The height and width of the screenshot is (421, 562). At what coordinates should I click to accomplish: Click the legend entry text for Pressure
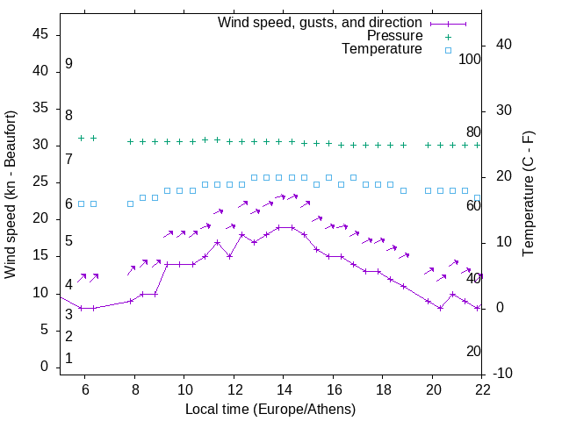pyautogui.click(x=394, y=36)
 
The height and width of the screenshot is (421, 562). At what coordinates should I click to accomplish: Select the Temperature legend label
pyautogui.click(x=382, y=49)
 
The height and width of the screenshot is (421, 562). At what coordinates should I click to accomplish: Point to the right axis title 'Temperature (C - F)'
pyautogui.click(x=529, y=195)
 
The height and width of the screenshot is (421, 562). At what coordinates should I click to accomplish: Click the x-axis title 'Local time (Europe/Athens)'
pyautogui.click(x=270, y=410)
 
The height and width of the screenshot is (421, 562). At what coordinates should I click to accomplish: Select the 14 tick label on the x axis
pyautogui.click(x=283, y=389)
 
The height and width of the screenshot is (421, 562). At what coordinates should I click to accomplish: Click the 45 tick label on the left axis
pyautogui.click(x=40, y=34)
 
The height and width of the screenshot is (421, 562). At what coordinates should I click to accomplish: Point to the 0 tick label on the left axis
pyautogui.click(x=45, y=367)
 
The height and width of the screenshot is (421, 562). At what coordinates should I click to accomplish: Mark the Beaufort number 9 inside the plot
pyautogui.click(x=68, y=64)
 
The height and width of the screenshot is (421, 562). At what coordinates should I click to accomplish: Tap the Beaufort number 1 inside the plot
pyautogui.click(x=68, y=359)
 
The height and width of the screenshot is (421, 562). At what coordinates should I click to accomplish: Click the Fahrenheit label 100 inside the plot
pyautogui.click(x=471, y=59)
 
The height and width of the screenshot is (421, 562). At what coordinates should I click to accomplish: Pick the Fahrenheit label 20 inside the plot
pyautogui.click(x=473, y=351)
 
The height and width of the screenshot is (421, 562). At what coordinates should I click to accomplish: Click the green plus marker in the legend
pyautogui.click(x=448, y=36)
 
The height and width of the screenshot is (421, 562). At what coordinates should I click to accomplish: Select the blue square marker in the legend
pyautogui.click(x=448, y=50)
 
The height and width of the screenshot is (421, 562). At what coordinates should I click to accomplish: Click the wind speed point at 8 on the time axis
pyautogui.click(x=131, y=301)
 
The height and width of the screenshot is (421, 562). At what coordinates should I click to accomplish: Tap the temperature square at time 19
pyautogui.click(x=403, y=190)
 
